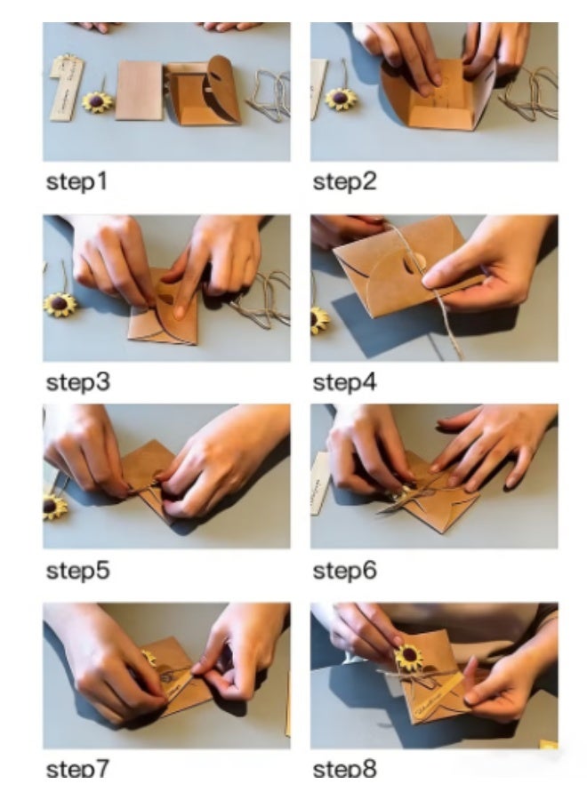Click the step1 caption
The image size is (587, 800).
(76, 181)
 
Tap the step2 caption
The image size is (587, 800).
(344, 181)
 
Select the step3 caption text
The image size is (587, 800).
(77, 382)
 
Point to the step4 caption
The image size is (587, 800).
(344, 382)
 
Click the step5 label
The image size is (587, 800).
(77, 571)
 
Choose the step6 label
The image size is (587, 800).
(344, 571)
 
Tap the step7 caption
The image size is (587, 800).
(77, 768)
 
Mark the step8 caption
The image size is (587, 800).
(344, 768)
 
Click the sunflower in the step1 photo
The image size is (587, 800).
(97, 101)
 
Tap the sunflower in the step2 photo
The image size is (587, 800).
(341, 98)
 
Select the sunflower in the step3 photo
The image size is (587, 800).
(60, 305)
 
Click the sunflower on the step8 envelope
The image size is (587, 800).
(408, 656)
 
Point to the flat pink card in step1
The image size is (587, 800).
(139, 91)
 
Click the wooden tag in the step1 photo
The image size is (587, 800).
(68, 88)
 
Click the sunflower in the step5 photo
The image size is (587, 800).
(54, 506)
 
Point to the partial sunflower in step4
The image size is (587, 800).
(319, 320)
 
